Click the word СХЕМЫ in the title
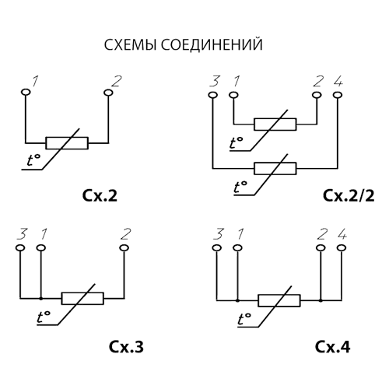coord(130,44)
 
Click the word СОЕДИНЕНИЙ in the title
coord(212,44)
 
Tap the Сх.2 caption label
coord(100,196)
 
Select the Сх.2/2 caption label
coord(349,196)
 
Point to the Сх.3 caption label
coord(126,346)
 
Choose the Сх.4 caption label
coord(333,346)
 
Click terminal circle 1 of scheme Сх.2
coord(26,92)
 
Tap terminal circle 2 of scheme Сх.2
coord(108,92)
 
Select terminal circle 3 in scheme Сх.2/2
coord(212,95)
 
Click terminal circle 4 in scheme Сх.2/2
coord(338,95)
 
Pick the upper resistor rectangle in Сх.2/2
coord(275,124)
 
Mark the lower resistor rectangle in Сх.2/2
coord(275,168)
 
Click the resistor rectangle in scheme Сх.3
coord(82,298)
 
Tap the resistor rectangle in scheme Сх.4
coord(279,300)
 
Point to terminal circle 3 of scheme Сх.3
coord(20,248)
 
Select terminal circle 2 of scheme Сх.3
coord(124,248)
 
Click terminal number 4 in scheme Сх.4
coord(342,235)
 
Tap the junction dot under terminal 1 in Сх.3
coord(40,299)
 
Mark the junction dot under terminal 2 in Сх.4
coord(321,300)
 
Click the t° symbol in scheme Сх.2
coord(33,160)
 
